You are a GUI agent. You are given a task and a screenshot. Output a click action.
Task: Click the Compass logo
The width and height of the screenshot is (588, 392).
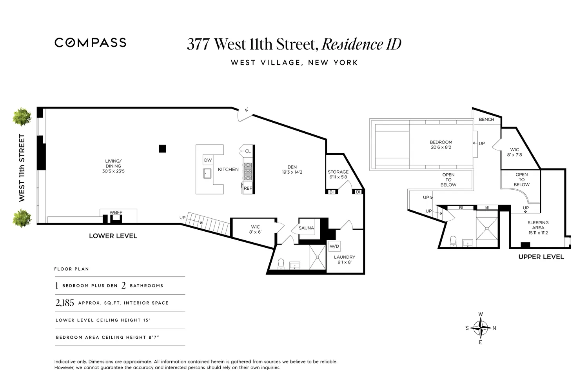click(90, 42)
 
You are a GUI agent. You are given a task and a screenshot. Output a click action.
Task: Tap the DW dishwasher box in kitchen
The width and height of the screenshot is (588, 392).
click(208, 160)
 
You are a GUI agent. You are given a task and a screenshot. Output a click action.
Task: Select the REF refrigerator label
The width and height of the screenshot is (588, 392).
click(248, 188)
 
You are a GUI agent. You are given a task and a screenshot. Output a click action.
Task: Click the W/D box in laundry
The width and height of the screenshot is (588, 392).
click(334, 246)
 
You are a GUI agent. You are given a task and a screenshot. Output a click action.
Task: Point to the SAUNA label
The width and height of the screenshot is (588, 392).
click(306, 228)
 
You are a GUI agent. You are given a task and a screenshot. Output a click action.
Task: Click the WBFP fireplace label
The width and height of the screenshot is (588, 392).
click(116, 212)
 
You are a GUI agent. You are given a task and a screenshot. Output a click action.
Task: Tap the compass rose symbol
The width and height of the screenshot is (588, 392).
click(481, 328)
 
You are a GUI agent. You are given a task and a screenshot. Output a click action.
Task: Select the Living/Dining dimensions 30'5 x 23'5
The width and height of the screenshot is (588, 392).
click(113, 171)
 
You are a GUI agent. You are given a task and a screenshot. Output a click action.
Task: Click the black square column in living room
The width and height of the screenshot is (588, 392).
click(162, 149)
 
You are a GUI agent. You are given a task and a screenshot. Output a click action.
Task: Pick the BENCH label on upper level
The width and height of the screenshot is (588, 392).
click(486, 120)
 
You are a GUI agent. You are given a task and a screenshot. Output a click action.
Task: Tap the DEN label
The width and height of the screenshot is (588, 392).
click(292, 167)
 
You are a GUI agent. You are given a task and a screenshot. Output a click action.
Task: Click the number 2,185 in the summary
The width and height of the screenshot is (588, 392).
click(65, 303)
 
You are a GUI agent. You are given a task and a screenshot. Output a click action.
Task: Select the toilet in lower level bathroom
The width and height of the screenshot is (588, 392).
click(281, 263)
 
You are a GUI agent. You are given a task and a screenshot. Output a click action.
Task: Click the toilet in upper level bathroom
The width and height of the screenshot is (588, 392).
click(454, 240)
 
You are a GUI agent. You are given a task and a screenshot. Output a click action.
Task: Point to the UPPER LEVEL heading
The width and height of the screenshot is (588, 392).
click(541, 257)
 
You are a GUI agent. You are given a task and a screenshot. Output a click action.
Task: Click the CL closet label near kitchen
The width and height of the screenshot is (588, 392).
click(248, 151)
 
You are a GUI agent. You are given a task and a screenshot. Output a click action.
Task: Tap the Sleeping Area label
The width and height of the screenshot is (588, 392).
click(538, 225)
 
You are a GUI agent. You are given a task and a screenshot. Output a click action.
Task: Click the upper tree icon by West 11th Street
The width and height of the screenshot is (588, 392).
click(22, 117)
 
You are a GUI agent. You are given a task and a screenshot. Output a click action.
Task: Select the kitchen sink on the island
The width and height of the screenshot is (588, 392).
click(207, 173)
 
